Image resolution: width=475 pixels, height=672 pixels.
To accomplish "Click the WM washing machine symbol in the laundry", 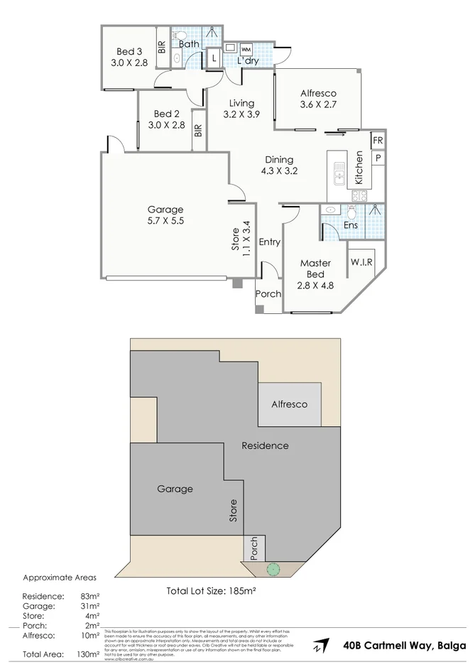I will [x=246, y=49].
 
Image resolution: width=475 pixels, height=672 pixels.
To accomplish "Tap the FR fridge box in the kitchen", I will [x=378, y=141].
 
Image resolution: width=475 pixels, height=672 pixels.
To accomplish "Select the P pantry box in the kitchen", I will [x=378, y=158].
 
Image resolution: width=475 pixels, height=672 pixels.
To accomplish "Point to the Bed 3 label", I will [x=129, y=51].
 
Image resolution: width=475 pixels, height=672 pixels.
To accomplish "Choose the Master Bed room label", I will [x=315, y=269].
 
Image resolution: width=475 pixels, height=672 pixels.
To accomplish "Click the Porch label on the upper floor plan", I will [x=268, y=295].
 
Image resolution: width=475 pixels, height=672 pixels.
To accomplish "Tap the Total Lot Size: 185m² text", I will [x=210, y=590].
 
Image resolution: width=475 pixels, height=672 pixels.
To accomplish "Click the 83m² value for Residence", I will [x=89, y=596].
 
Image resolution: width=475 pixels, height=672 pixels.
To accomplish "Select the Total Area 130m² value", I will [x=88, y=654].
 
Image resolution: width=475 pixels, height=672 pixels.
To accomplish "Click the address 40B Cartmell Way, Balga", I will [x=404, y=646].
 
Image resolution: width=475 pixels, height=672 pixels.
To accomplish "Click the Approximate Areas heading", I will [x=60, y=578].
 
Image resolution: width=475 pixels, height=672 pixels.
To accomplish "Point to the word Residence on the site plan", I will [x=265, y=445].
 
